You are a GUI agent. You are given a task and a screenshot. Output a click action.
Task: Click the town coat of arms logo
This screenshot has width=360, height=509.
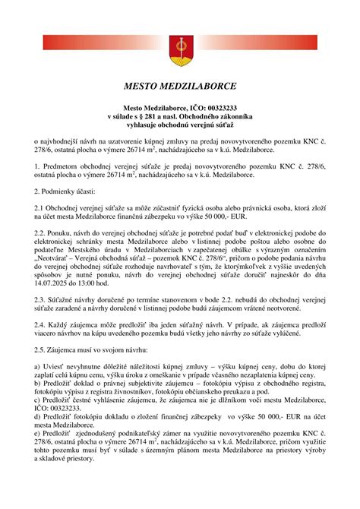pyautogui.click(x=180, y=44)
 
